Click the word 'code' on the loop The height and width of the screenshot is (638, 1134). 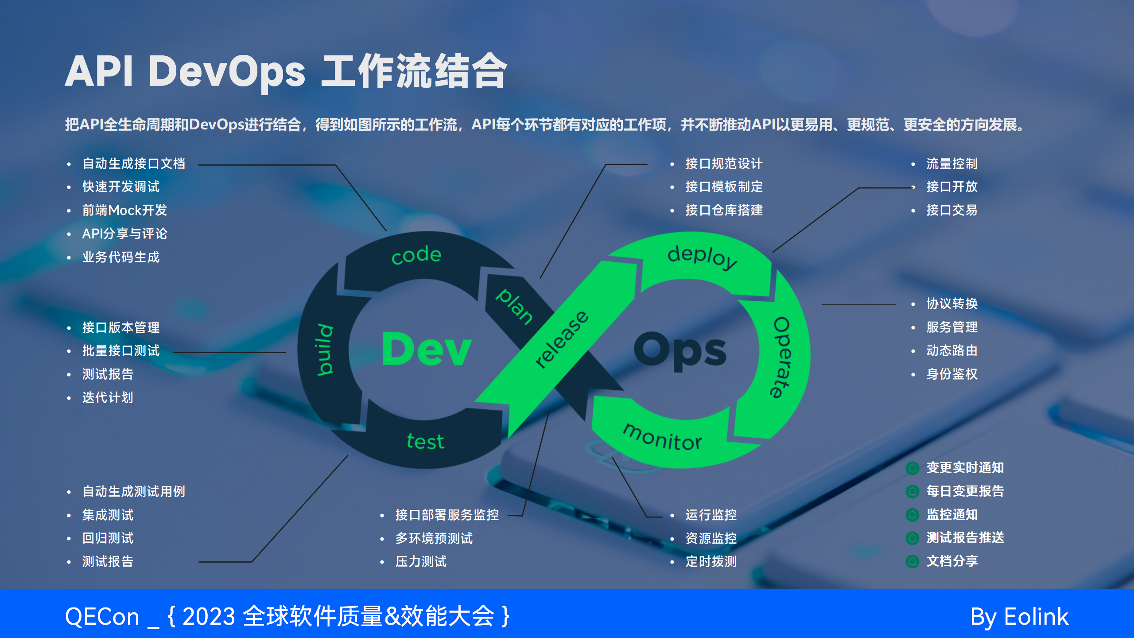pos(416,255)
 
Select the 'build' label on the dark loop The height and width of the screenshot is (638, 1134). pos(326,350)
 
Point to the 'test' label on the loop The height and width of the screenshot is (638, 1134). pos(425,441)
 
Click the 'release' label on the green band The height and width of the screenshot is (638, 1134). pos(562,339)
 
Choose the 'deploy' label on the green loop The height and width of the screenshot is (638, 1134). pos(703,257)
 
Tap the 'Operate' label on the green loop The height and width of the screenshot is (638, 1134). pos(781,357)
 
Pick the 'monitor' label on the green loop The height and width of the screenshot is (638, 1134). pos(663,437)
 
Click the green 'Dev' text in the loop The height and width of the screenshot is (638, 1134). pos(427,350)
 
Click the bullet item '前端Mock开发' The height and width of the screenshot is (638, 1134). pos(124,210)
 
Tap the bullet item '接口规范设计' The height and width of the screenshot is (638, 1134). pos(724,163)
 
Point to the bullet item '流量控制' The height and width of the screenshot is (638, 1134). pos(952,163)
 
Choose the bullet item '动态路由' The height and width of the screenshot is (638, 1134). pos(952,350)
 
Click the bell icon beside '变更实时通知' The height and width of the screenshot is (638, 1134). pos(913,468)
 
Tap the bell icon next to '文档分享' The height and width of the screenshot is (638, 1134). pos(913,561)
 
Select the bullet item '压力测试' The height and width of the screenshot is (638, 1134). pos(421,561)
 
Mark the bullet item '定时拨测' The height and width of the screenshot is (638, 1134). pos(711,561)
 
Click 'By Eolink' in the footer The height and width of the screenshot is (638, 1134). pos(1019,617)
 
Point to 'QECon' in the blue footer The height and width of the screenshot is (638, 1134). pos(102,617)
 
